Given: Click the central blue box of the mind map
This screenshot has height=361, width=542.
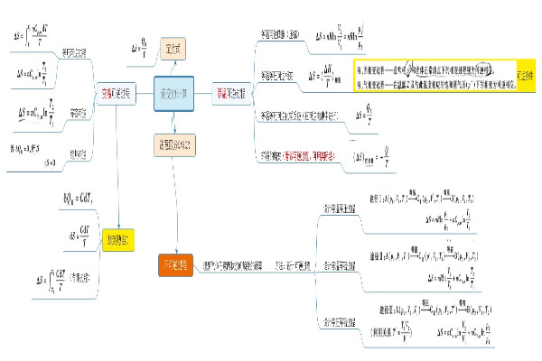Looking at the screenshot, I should coord(173,94).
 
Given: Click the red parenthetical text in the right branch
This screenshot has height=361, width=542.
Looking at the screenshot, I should coord(319,155).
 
